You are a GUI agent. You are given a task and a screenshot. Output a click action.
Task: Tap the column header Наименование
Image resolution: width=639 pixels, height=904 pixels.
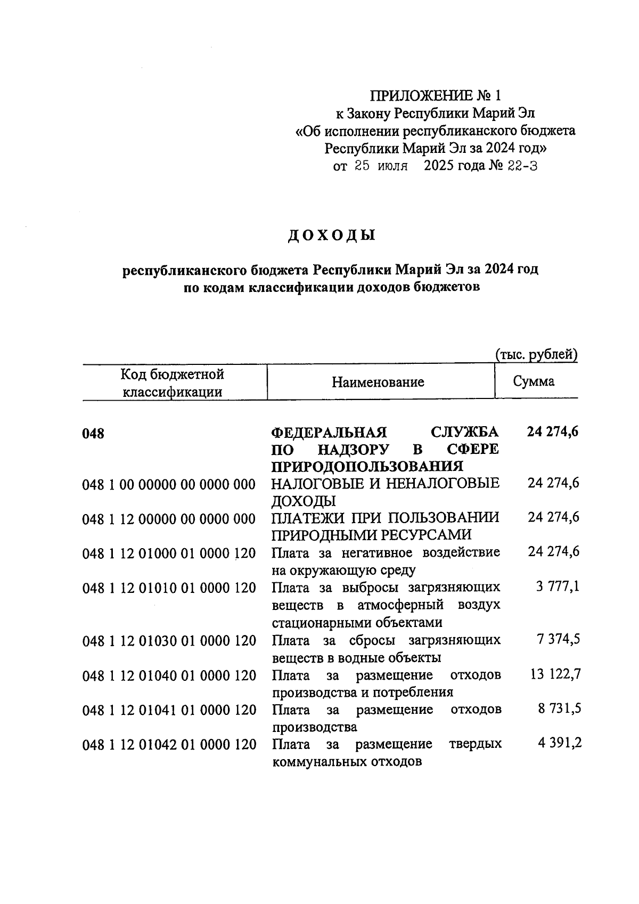point(378,382)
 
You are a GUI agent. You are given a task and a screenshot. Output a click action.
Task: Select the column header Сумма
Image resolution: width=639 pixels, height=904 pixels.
point(534,381)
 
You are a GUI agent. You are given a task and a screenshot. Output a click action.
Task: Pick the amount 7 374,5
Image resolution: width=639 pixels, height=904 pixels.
point(558,639)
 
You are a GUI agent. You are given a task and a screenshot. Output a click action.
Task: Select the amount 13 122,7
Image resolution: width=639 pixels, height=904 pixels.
point(555,674)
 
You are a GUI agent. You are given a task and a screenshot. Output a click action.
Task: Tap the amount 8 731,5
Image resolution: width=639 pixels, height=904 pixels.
point(558,710)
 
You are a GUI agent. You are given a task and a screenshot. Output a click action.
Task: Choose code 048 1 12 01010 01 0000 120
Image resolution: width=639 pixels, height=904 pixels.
point(169,588)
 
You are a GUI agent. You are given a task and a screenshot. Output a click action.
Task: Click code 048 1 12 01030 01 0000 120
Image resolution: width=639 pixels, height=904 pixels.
point(169,640)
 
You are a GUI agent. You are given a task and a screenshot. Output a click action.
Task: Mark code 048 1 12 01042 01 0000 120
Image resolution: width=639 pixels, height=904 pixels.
point(169,745)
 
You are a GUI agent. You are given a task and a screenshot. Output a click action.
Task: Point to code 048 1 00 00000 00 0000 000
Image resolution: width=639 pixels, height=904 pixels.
point(169,484)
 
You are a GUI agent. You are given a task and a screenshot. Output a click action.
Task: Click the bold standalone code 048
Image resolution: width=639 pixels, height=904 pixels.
point(93,434)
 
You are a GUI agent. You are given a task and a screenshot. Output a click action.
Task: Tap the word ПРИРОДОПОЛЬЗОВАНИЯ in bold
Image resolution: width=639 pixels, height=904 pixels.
point(367,467)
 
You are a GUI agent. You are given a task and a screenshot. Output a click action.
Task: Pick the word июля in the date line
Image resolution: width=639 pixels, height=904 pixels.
point(392,166)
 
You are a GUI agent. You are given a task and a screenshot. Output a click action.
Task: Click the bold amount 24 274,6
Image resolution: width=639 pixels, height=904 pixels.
point(553,431)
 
